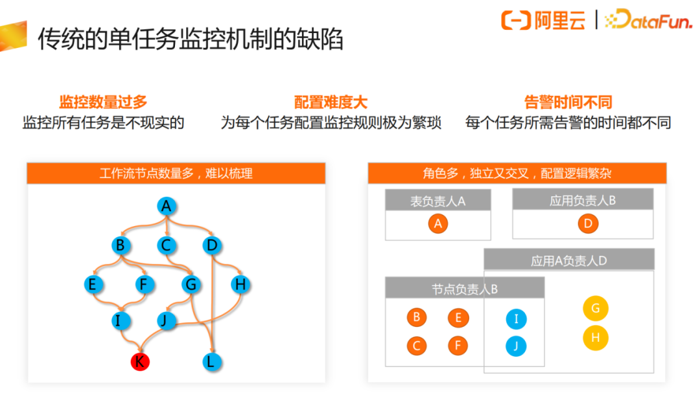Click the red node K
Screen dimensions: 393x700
(x=139, y=361)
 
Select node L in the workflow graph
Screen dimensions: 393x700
(x=210, y=361)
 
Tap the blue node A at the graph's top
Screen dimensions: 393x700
(x=167, y=207)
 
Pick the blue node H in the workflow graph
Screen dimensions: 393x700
(x=240, y=284)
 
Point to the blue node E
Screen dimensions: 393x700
(x=94, y=284)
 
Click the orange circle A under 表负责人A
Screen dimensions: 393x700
(x=438, y=224)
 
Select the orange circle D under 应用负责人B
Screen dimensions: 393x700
(x=588, y=224)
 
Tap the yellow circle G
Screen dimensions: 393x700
(x=595, y=309)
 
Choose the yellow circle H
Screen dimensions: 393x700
(x=595, y=337)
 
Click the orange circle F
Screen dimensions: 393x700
(x=458, y=346)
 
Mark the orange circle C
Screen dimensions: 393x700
(x=417, y=346)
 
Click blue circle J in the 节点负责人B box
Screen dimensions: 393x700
(x=516, y=346)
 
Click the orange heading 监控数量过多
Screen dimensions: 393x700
(x=104, y=102)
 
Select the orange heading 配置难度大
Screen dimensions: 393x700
(x=331, y=102)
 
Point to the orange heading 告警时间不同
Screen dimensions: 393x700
(x=568, y=102)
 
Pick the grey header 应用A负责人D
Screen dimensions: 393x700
(x=568, y=260)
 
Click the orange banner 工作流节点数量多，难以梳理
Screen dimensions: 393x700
(x=176, y=174)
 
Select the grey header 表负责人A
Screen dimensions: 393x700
(x=437, y=201)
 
